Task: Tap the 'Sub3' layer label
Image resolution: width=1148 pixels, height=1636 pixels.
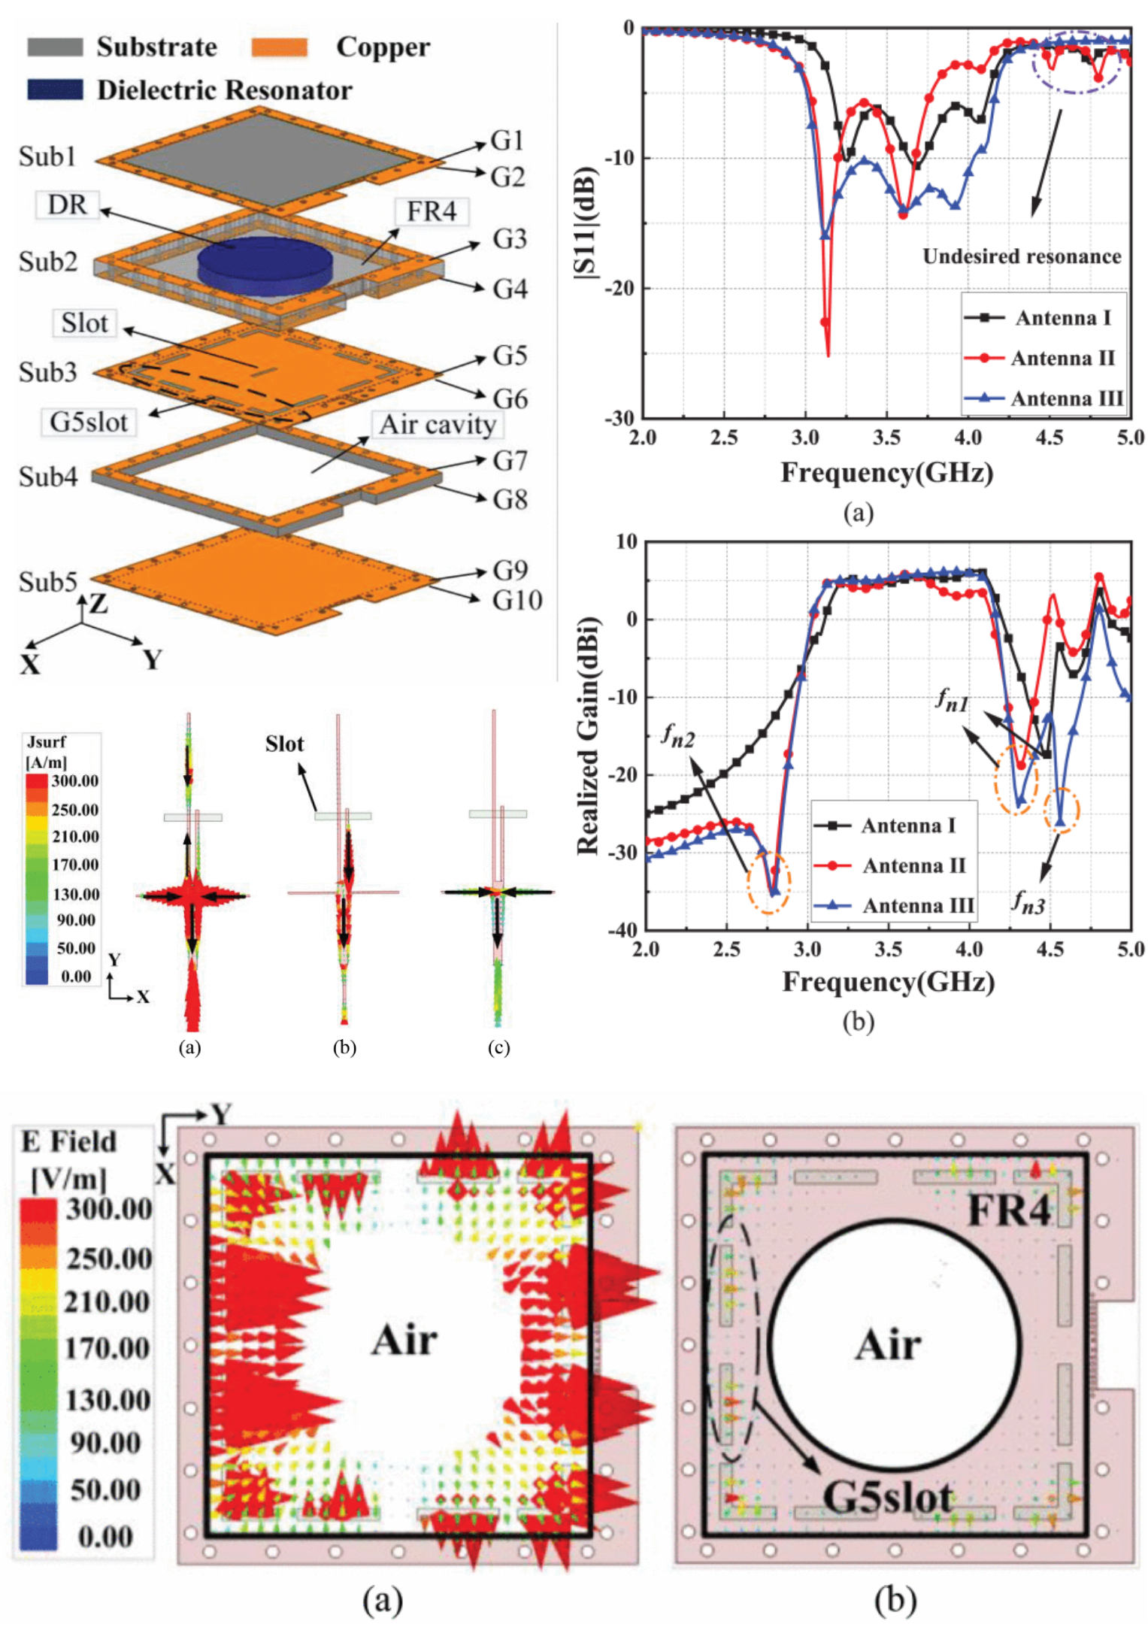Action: [47, 371]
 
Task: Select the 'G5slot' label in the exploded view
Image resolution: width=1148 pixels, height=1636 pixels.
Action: [89, 422]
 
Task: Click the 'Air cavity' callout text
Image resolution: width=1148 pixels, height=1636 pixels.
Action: [437, 425]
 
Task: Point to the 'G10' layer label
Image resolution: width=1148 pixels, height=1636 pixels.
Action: [516, 600]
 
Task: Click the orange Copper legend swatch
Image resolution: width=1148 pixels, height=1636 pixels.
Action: [279, 47]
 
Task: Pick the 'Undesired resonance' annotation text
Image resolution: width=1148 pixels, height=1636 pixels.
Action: [1021, 256]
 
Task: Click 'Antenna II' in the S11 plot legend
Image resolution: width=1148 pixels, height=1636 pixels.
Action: [1062, 358]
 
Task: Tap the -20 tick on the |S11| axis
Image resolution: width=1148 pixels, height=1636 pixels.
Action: [620, 288]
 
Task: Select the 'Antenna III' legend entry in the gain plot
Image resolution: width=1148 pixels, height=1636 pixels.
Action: [917, 905]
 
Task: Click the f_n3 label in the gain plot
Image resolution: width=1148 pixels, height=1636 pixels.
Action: [1028, 900]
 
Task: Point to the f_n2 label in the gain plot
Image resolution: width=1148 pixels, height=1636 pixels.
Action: [677, 735]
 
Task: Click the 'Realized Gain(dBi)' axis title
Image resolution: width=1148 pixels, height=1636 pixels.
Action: [587, 736]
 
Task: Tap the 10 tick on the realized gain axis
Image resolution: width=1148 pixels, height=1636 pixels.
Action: [626, 542]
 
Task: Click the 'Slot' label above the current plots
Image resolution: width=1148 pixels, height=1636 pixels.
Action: [284, 744]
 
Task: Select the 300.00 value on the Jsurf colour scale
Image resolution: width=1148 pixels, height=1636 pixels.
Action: [74, 781]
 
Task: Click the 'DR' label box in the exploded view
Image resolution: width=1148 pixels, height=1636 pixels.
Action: [68, 204]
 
